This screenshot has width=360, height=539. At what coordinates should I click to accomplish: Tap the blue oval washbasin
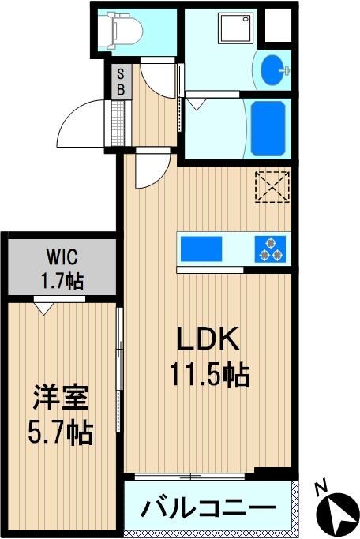[273, 69]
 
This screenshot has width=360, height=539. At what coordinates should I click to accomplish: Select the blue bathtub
[268, 129]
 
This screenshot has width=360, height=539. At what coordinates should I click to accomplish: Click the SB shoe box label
[121, 81]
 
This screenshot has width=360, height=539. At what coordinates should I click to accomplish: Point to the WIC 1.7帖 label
[62, 269]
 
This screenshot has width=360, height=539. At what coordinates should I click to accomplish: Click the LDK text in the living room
[208, 339]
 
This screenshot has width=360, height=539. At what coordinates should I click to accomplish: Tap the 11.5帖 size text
[209, 375]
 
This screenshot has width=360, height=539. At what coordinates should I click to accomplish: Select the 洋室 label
[61, 398]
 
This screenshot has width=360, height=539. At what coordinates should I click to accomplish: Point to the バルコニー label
[208, 507]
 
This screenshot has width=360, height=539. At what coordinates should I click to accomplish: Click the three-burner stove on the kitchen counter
[270, 249]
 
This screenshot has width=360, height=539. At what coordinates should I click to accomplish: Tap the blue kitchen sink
[201, 249]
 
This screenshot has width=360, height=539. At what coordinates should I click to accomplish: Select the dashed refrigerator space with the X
[272, 187]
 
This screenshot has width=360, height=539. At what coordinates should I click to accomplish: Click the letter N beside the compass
[321, 489]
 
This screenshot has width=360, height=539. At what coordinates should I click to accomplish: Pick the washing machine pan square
[238, 28]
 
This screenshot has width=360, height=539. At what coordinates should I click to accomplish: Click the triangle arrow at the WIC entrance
[44, 308]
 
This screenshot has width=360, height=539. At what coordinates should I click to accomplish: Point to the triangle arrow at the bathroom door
[197, 104]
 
